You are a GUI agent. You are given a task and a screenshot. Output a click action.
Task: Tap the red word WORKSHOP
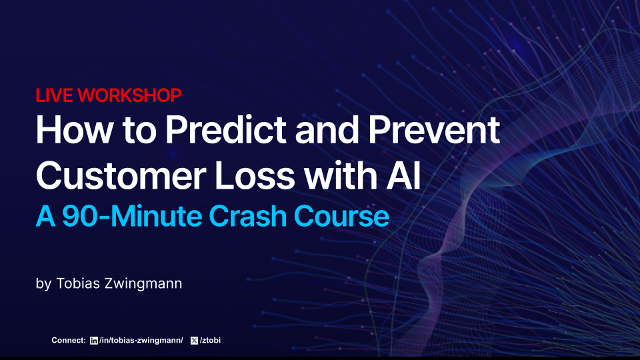[x=129, y=96]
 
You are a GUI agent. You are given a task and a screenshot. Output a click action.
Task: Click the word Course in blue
[x=341, y=216]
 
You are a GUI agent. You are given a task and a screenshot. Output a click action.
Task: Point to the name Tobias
[x=75, y=283]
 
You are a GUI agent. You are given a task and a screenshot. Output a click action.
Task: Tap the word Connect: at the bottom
[x=69, y=341]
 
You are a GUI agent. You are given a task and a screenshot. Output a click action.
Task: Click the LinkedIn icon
[x=93, y=341]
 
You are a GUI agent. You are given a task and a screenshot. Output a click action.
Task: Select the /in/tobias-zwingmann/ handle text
[x=141, y=341]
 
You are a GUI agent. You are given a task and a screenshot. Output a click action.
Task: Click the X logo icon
[x=194, y=341]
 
